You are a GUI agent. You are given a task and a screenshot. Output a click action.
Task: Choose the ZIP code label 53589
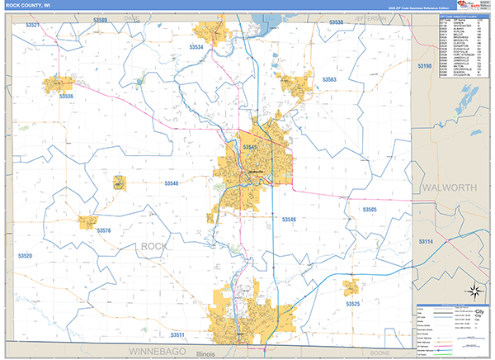tap(101, 19)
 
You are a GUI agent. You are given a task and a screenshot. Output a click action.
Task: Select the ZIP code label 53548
tap(171, 182)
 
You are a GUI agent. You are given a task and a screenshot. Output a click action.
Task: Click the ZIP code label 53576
tap(103, 230)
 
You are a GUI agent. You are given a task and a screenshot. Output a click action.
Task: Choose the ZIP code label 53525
tap(352, 304)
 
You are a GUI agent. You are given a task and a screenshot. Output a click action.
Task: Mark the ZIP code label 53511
tap(177, 334)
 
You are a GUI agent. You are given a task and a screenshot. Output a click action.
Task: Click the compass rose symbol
tap(474, 290)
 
